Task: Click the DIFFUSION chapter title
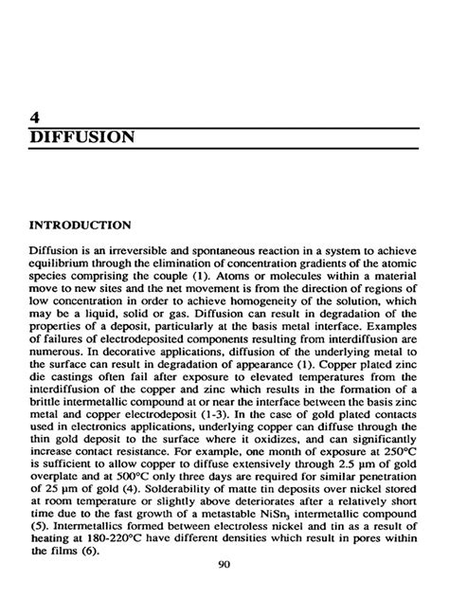[81, 137]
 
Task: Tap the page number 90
[224, 565]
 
